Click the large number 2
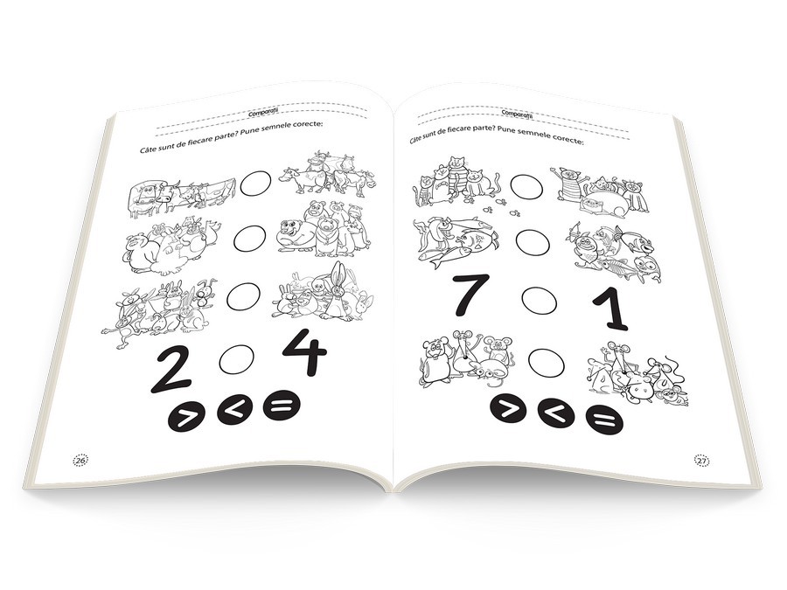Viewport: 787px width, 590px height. pyautogui.click(x=171, y=372)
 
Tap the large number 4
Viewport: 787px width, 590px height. pyautogui.click(x=305, y=351)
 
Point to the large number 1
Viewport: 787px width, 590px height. pyautogui.click(x=609, y=311)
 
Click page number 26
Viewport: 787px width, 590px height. pyautogui.click(x=81, y=460)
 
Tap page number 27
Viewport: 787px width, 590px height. pyautogui.click(x=701, y=461)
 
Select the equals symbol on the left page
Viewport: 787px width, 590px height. pyautogui.click(x=282, y=405)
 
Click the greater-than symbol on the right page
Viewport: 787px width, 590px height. pyautogui.click(x=508, y=408)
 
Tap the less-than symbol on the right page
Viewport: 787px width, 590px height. pyautogui.click(x=556, y=413)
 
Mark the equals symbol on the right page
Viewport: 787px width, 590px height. pyautogui.click(x=604, y=419)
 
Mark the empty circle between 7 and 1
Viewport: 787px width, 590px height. pyautogui.click(x=540, y=301)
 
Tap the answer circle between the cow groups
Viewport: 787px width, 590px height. pyautogui.click(x=255, y=184)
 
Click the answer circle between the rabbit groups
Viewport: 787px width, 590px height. pyautogui.click(x=244, y=297)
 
